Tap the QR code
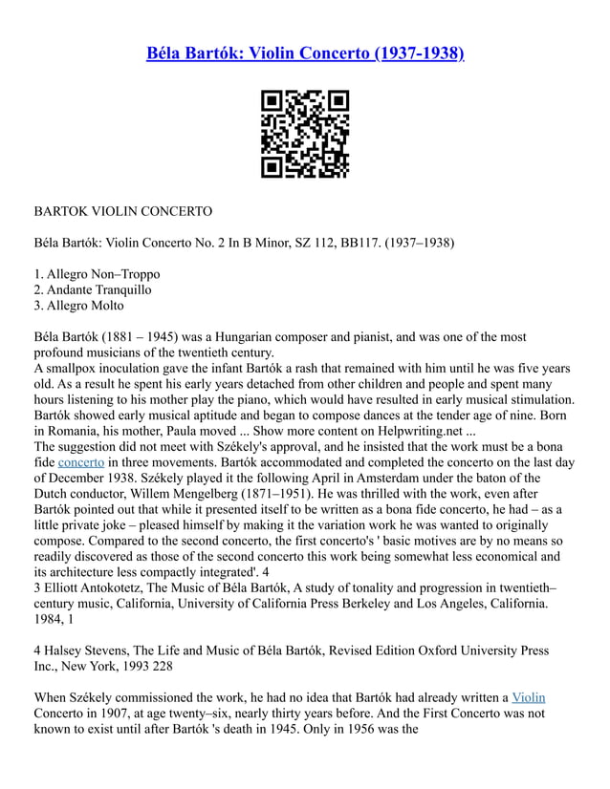tap(305, 134)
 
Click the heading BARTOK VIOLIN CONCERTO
tap(122, 209)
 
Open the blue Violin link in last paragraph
tap(529, 697)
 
